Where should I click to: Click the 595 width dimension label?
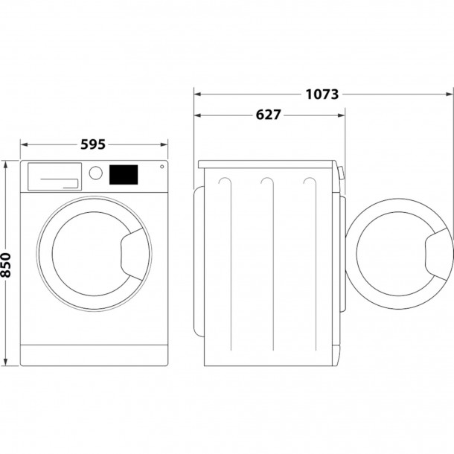[x=93, y=144]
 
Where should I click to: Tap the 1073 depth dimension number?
[x=322, y=95]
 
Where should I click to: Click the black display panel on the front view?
[x=124, y=174]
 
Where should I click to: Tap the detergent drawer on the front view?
[x=54, y=176]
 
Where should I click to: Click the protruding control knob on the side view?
[x=340, y=175]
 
